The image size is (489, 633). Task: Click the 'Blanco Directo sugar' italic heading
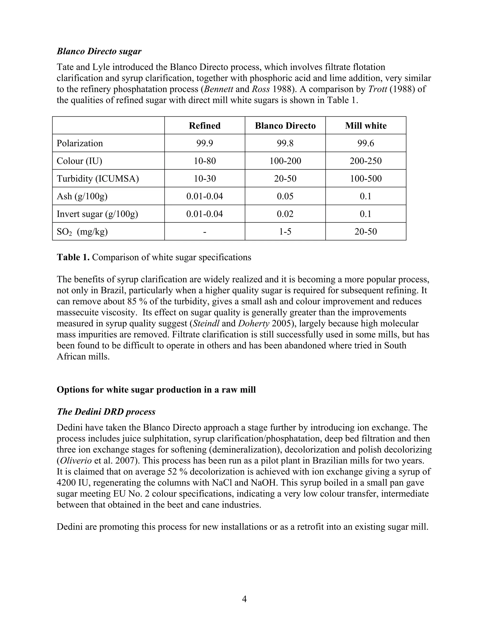[x=99, y=51]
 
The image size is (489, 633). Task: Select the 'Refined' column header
[x=205, y=125]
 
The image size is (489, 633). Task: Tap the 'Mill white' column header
[x=366, y=125]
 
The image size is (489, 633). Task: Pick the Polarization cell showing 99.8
[x=285, y=143]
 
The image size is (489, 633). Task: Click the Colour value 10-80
[x=205, y=161]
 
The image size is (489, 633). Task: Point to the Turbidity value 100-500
[x=366, y=178]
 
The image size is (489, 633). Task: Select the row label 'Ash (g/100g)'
[x=82, y=196]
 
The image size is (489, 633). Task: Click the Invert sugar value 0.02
[x=285, y=214]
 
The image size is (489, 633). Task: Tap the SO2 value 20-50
[x=366, y=231]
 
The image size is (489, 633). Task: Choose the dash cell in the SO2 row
[x=205, y=231]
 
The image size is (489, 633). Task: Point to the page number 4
[x=244, y=599]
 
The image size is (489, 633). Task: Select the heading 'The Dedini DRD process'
[x=106, y=412]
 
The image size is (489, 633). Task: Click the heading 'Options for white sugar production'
[x=156, y=390]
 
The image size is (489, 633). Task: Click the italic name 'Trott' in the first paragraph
[x=377, y=89]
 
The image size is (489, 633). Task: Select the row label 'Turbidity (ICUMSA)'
[x=98, y=178]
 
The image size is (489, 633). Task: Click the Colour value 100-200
[x=285, y=161]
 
